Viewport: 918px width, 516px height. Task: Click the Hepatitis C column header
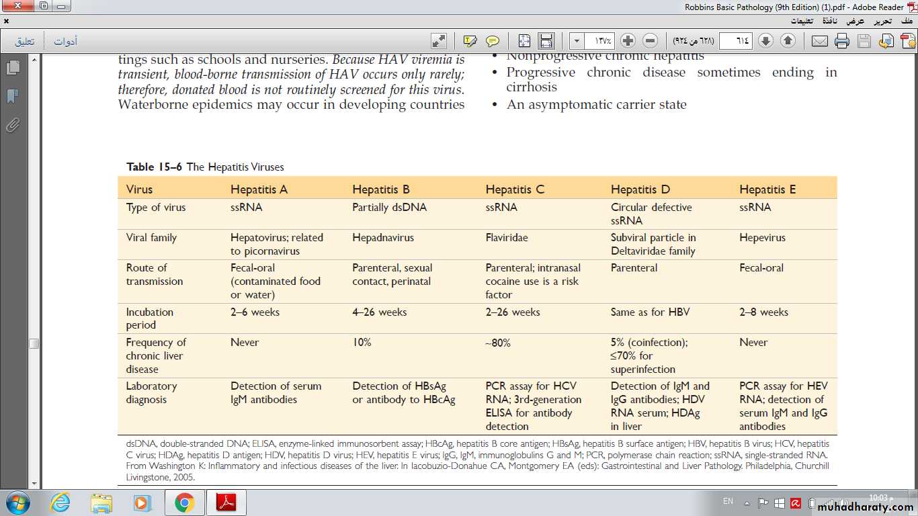[515, 189]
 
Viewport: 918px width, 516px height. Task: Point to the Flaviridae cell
[507, 238]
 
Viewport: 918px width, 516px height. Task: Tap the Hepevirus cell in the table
[762, 238]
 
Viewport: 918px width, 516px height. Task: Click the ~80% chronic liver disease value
[498, 343]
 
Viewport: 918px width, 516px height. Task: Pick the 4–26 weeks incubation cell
[379, 312]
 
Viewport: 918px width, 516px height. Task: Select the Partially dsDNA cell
[389, 208]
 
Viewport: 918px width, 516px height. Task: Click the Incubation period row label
[150, 318]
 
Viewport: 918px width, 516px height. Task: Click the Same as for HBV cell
[650, 312]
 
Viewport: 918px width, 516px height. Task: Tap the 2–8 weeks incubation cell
[763, 312]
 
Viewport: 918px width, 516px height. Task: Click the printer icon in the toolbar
[842, 41]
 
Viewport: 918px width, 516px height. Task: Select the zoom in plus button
[628, 41]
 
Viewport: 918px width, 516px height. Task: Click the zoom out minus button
[650, 41]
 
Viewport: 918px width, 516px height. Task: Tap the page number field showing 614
[735, 41]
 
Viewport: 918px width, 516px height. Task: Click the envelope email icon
[819, 41]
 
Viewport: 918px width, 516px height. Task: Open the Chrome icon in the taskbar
[184, 503]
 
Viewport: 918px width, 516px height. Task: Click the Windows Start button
[17, 503]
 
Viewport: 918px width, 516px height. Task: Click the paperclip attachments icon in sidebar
[13, 125]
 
